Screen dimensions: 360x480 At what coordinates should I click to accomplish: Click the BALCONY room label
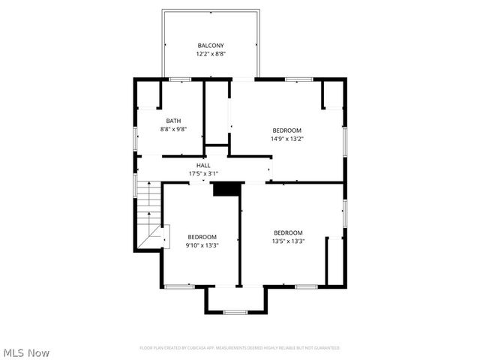coord(211,46)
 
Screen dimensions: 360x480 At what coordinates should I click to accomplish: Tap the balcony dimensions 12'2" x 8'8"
coord(211,54)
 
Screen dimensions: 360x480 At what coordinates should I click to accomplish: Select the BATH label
coord(173,121)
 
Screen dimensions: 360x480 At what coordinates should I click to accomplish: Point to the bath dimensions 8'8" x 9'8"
coord(173,129)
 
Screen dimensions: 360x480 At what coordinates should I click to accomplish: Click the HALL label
coord(203,165)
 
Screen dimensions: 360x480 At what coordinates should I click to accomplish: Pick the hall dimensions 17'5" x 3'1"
coord(203,174)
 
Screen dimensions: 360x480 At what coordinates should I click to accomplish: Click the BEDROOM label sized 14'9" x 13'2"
coord(287,130)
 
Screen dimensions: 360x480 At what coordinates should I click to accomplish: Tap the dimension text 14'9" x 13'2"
coord(287,138)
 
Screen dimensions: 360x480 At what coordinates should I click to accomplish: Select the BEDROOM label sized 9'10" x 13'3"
coord(202,237)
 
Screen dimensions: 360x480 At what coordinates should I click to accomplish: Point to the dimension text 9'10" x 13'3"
coord(202,245)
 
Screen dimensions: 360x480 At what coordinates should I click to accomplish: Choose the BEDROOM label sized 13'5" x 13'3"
coord(288,232)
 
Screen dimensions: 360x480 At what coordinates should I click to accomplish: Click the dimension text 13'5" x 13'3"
coord(288,241)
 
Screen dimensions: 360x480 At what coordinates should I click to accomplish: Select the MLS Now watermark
coord(25,352)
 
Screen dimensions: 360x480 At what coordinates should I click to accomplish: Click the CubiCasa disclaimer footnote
coord(240,348)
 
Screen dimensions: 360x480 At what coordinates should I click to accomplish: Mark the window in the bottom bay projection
coord(235,312)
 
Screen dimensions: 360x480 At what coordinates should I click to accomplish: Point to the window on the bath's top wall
coord(179,79)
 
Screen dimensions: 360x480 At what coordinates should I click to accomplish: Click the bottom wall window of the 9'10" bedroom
coord(179,286)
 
